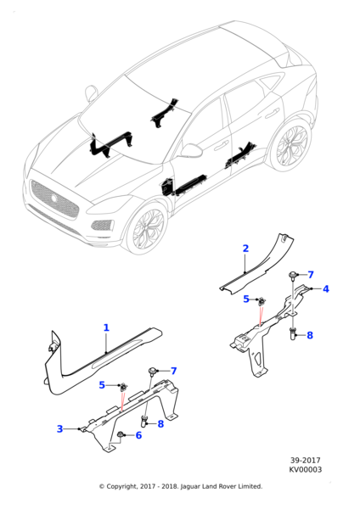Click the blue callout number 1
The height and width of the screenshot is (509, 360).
106,327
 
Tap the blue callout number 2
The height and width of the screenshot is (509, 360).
245,249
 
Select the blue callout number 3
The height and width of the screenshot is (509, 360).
59,428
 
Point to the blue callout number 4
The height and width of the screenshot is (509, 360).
326,288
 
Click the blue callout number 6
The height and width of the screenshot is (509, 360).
138,435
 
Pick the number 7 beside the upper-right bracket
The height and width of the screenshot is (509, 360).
311,275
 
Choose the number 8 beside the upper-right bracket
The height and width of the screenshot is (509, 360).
310,335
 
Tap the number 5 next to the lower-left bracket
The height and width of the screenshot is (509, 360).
102,385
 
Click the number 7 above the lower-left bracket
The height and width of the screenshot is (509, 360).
174,371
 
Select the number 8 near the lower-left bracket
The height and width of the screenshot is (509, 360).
160,423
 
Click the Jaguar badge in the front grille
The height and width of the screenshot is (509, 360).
54,199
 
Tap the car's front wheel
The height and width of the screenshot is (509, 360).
148,228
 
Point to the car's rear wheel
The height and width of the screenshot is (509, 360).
290,145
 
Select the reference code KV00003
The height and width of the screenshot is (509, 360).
306,470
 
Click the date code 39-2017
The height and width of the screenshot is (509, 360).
306,461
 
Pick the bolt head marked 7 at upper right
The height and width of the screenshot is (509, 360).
292,275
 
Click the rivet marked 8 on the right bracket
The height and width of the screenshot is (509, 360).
293,334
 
